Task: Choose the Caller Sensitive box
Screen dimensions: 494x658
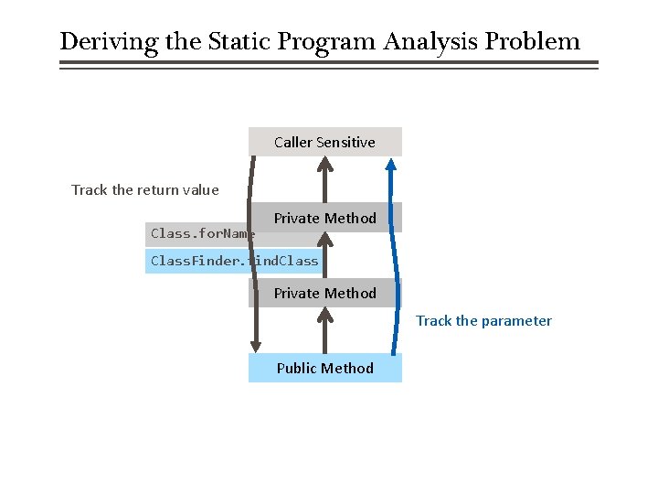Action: tap(324, 142)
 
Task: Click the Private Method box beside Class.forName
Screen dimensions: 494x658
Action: tap(324, 218)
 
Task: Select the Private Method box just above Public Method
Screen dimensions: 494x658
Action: tap(324, 293)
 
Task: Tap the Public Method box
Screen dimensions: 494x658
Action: tap(324, 368)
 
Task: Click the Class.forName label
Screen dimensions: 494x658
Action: tap(201, 234)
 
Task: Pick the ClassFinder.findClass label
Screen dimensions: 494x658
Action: tap(234, 261)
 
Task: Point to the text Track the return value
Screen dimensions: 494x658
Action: tap(145, 190)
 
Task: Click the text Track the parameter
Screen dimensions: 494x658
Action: tap(484, 321)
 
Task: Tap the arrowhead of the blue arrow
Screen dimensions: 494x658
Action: tap(391, 165)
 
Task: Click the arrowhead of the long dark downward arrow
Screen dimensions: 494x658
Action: tap(257, 346)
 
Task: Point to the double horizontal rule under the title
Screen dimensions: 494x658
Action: tap(329, 65)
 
